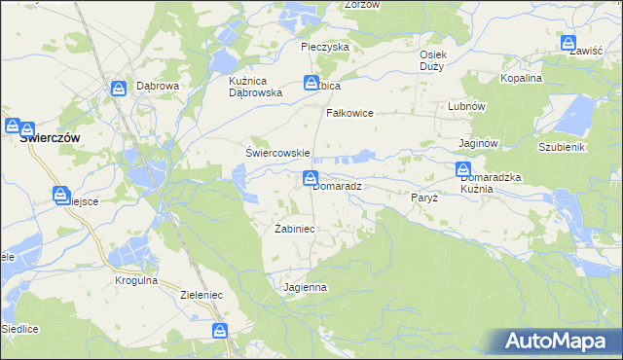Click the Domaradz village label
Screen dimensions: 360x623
tap(337, 186)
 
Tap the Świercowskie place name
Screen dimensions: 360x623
tap(276, 153)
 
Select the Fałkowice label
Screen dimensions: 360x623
tap(350, 113)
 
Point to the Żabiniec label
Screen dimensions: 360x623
tap(294, 229)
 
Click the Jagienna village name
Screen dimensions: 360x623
tap(305, 288)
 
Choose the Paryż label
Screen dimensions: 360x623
tap(425, 197)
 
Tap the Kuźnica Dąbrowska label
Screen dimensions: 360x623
tap(255, 87)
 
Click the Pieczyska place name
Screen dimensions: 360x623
tap(325, 47)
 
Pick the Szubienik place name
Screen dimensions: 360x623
tap(561, 146)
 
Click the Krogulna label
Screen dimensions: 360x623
tap(134, 280)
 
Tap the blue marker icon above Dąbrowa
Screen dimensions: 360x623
tap(118, 89)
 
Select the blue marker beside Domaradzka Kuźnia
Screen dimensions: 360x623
tap(464, 170)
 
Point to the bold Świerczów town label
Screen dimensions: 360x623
tap(50, 138)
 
